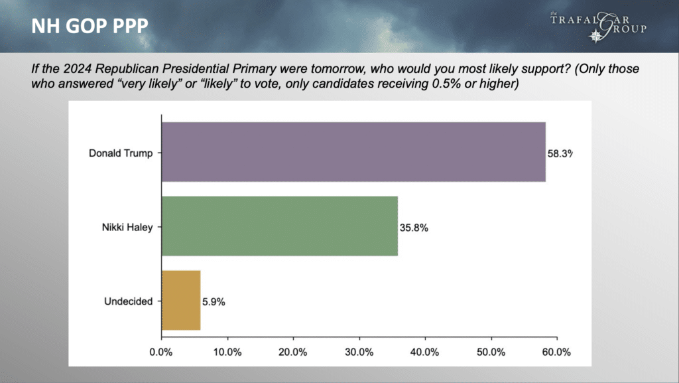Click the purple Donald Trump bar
click(x=353, y=152)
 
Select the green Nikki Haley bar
click(x=280, y=226)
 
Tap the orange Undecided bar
click(x=181, y=300)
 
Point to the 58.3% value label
click(x=560, y=154)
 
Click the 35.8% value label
click(x=414, y=228)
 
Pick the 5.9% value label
click(x=214, y=302)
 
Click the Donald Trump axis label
click(x=121, y=153)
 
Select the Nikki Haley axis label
click(x=127, y=228)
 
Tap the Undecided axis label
click(x=128, y=301)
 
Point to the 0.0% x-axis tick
click(x=161, y=352)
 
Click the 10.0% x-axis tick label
click(x=227, y=352)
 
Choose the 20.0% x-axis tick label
click(x=293, y=352)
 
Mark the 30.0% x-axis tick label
click(x=359, y=352)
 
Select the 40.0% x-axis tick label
click(x=425, y=352)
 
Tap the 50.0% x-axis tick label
click(x=491, y=352)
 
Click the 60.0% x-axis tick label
click(x=557, y=352)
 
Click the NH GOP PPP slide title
click(x=90, y=27)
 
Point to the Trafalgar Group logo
click(x=599, y=27)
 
